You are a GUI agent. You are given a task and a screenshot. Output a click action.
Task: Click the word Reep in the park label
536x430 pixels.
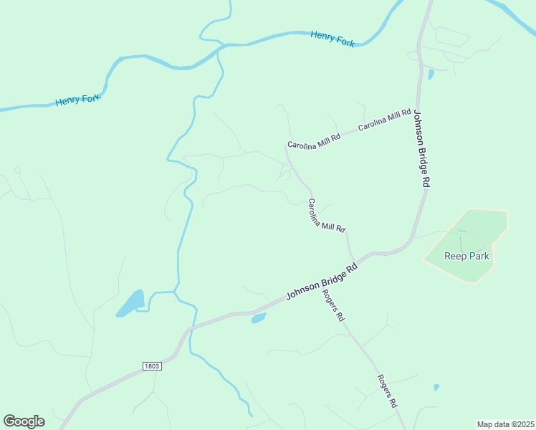pos(456,256)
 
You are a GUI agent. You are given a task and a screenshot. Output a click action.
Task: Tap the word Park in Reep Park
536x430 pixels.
pos(479,256)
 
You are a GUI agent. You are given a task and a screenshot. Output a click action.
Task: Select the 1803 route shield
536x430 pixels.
pos(151,366)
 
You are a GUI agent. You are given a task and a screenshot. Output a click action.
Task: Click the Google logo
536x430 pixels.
pos(24,421)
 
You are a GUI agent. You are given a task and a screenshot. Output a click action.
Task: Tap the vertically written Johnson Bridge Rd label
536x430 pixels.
pos(421,148)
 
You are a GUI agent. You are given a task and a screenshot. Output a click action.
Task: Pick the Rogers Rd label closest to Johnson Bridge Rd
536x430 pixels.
pos(334,305)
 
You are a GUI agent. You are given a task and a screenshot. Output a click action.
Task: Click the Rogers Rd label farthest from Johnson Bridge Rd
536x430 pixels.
pos(388,391)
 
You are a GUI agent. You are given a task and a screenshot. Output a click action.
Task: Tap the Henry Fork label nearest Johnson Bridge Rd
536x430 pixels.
pos(332,39)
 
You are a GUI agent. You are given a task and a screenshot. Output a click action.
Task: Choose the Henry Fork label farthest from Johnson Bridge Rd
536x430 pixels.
pos(77,100)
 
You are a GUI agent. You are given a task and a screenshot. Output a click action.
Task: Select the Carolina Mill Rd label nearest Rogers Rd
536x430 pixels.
pos(327,215)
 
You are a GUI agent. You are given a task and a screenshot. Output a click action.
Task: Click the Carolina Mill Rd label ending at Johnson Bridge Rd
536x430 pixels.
pos(385,118)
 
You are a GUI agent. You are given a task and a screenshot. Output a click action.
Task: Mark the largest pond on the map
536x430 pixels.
pos(131,303)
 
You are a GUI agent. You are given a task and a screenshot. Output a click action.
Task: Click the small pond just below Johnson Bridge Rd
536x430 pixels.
pos(259,318)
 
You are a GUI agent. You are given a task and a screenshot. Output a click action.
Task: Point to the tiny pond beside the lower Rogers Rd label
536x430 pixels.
pos(436,388)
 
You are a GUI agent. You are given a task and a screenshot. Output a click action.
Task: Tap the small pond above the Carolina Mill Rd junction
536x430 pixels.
pos(430,75)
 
